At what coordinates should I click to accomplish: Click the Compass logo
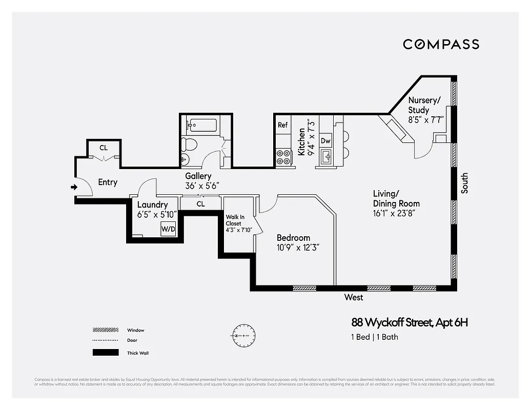[441, 44]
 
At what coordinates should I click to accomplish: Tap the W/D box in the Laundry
[168, 229]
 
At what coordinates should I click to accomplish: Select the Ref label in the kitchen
[282, 125]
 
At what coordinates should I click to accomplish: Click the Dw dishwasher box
[325, 140]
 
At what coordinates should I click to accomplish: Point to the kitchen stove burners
[283, 157]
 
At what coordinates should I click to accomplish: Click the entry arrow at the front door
[74, 187]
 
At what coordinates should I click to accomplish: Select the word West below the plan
[354, 297]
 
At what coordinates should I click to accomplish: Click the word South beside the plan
[464, 183]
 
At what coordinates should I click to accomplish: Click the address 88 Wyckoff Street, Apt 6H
[410, 323]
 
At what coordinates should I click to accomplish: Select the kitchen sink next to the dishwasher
[326, 157]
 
